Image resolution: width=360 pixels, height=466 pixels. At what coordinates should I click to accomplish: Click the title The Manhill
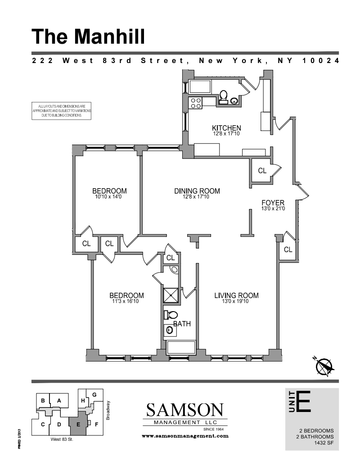point(89,36)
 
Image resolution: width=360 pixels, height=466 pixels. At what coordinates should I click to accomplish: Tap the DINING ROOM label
point(191,191)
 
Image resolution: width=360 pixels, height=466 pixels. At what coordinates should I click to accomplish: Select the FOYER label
point(273,203)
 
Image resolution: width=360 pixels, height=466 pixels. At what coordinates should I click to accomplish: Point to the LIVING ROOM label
point(236,295)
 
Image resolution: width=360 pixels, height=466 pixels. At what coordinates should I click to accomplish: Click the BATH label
point(182,323)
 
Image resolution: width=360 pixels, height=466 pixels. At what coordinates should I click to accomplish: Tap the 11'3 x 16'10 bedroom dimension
point(126,302)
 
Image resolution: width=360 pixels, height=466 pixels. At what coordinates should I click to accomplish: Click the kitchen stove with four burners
point(196,104)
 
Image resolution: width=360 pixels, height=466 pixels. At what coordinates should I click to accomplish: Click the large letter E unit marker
point(304,402)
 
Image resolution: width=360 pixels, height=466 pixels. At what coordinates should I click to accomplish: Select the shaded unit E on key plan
point(78,423)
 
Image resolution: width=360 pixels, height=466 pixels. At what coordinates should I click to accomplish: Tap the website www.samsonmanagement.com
point(185,436)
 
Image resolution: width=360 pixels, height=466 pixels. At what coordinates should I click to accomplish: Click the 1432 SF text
point(323,443)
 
